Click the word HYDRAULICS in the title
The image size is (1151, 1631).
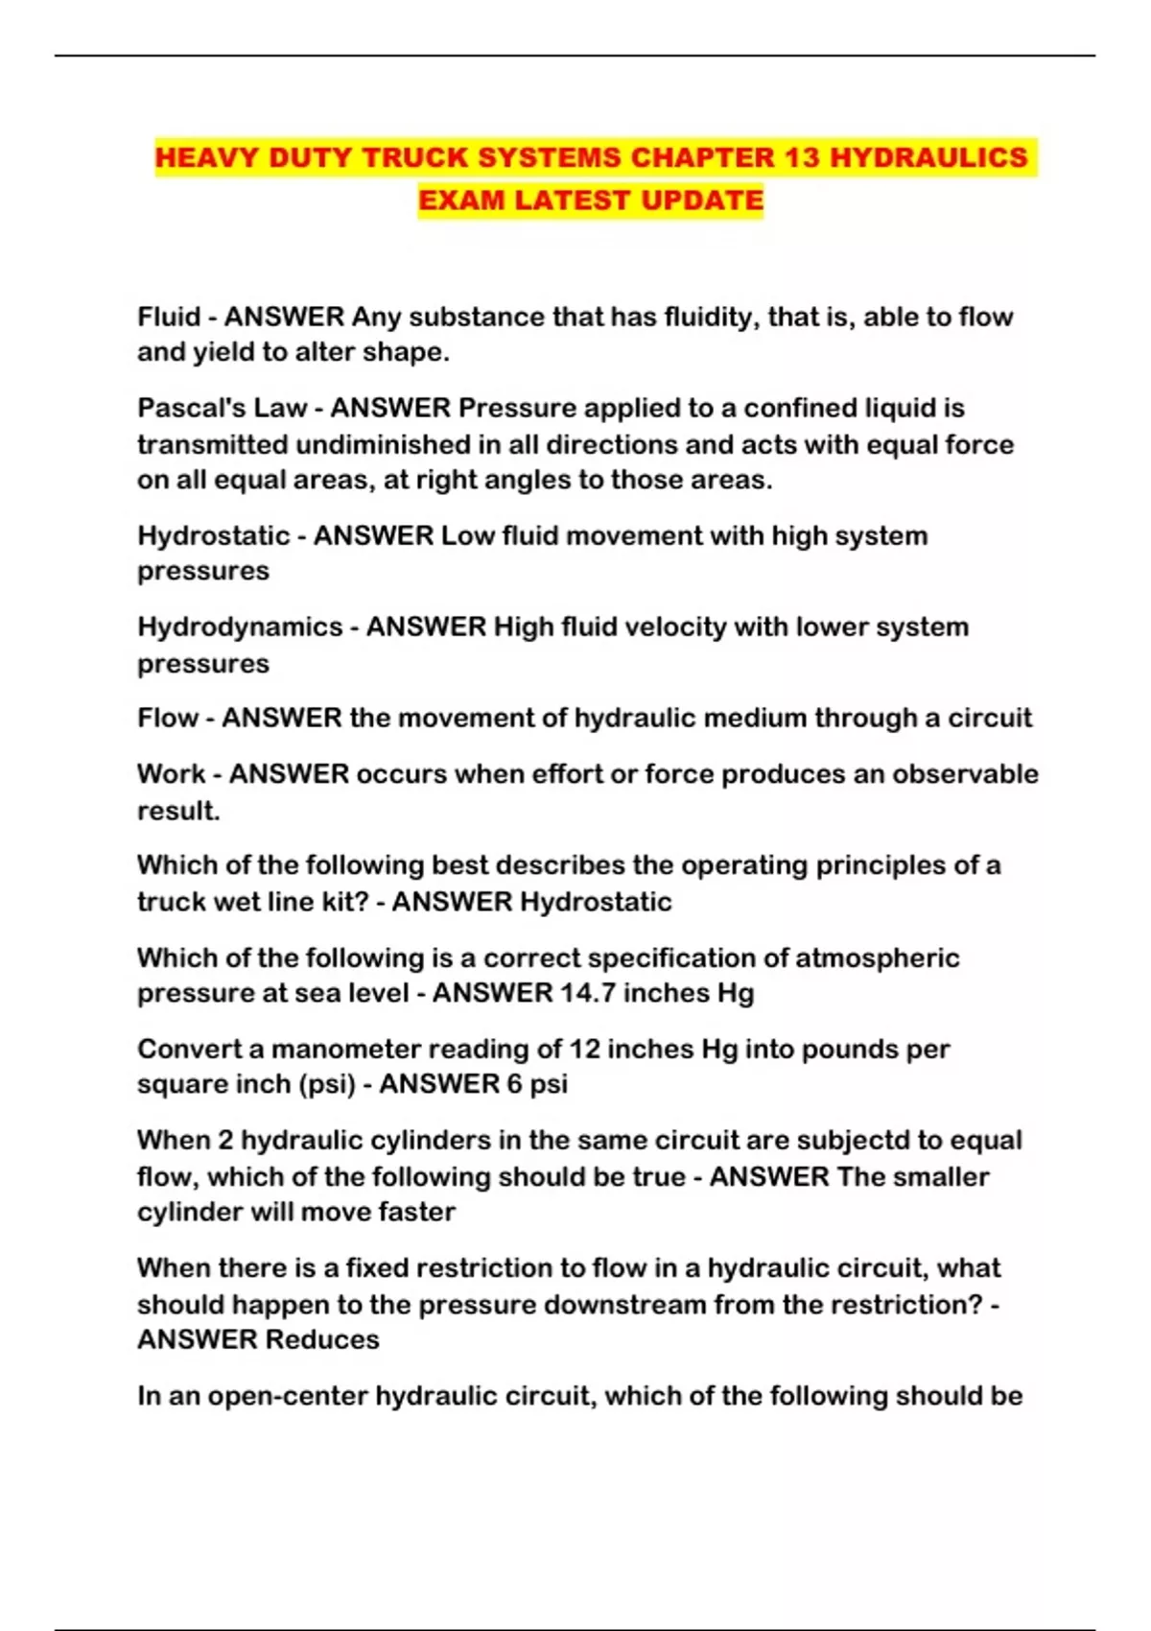[x=928, y=157]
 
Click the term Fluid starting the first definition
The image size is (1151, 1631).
[x=169, y=317]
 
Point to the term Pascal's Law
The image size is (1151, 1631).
[x=222, y=408]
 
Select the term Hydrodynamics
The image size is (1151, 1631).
[x=240, y=626]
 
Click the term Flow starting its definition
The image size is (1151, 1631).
[x=167, y=718]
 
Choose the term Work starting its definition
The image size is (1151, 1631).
[x=171, y=773]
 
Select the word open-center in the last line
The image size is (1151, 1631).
[x=288, y=1395]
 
